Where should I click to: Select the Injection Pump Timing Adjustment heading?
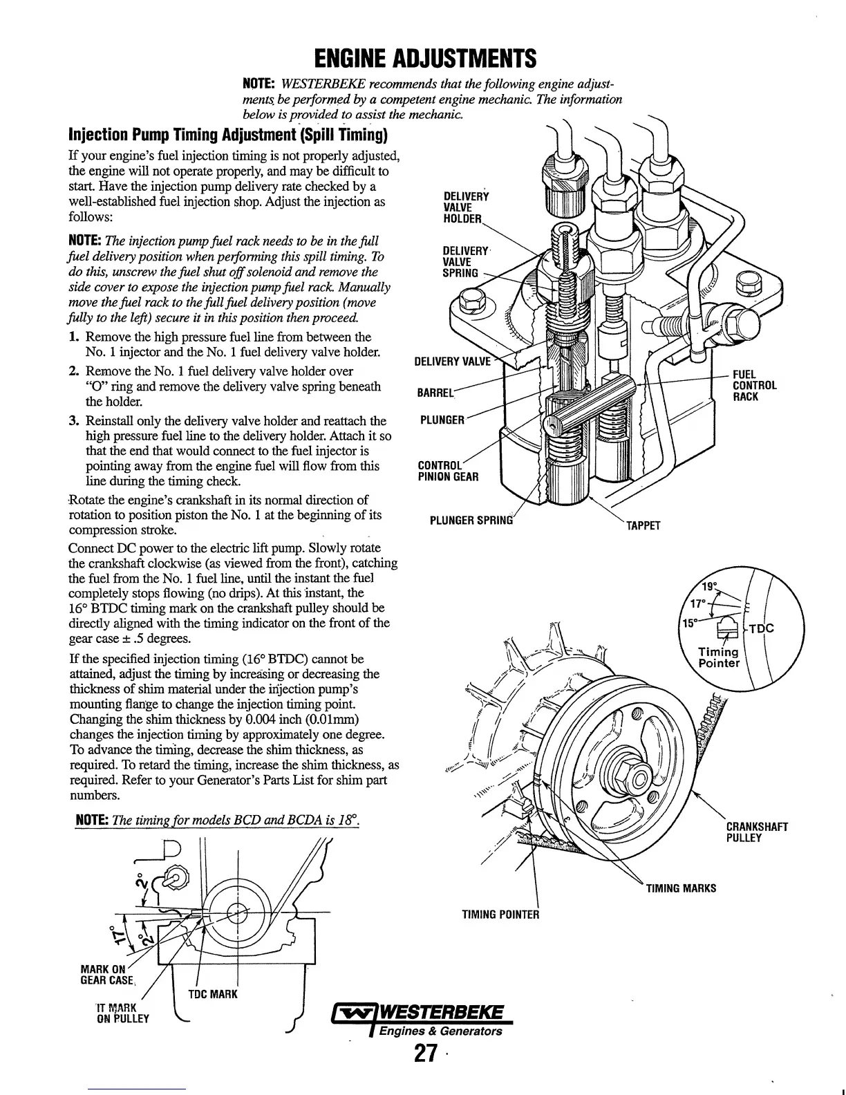tap(227, 133)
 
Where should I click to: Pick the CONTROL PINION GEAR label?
tap(448, 471)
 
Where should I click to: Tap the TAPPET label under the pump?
tap(643, 525)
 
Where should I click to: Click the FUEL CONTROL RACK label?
tap(755, 386)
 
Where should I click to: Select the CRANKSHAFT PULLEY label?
tap(757, 832)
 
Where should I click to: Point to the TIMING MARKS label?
tap(680, 888)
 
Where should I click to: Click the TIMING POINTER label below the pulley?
tap(500, 915)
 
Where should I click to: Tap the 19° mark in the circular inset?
tap(711, 588)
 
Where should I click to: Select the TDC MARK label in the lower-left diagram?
tap(213, 994)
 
